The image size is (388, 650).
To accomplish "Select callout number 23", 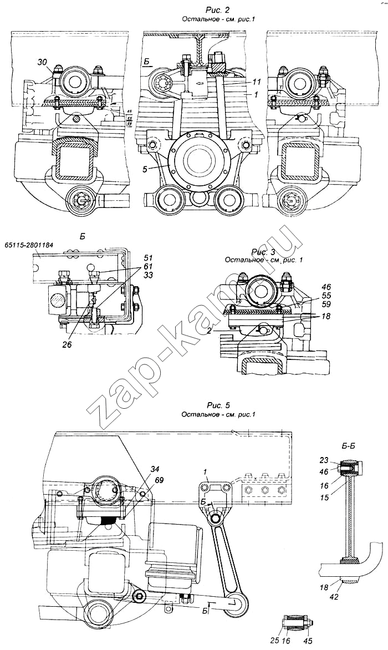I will tap(325, 460).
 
